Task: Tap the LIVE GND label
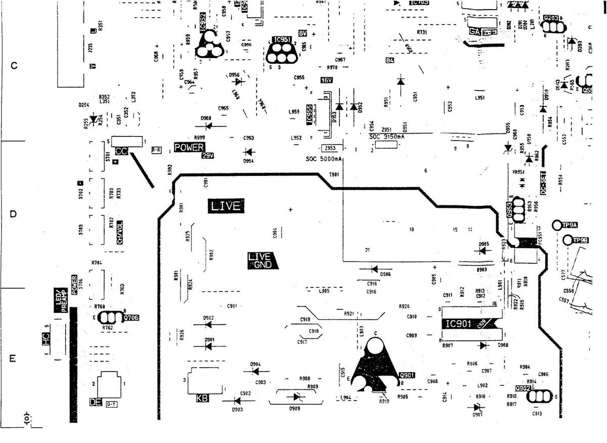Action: (x=261, y=260)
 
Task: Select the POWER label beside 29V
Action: (x=189, y=148)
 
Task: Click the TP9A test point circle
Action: (x=557, y=225)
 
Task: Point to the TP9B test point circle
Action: (x=567, y=240)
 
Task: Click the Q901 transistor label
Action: (x=407, y=375)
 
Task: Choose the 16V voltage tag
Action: (x=326, y=80)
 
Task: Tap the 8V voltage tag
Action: (x=303, y=33)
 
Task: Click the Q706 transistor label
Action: (x=131, y=318)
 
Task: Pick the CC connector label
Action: (x=121, y=152)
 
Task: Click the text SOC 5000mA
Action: (x=324, y=159)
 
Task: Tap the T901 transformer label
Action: (x=334, y=174)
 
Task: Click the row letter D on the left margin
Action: (x=14, y=214)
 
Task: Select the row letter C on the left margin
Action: (x=14, y=66)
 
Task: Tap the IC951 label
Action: (x=282, y=39)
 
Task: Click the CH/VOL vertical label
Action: (x=120, y=233)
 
